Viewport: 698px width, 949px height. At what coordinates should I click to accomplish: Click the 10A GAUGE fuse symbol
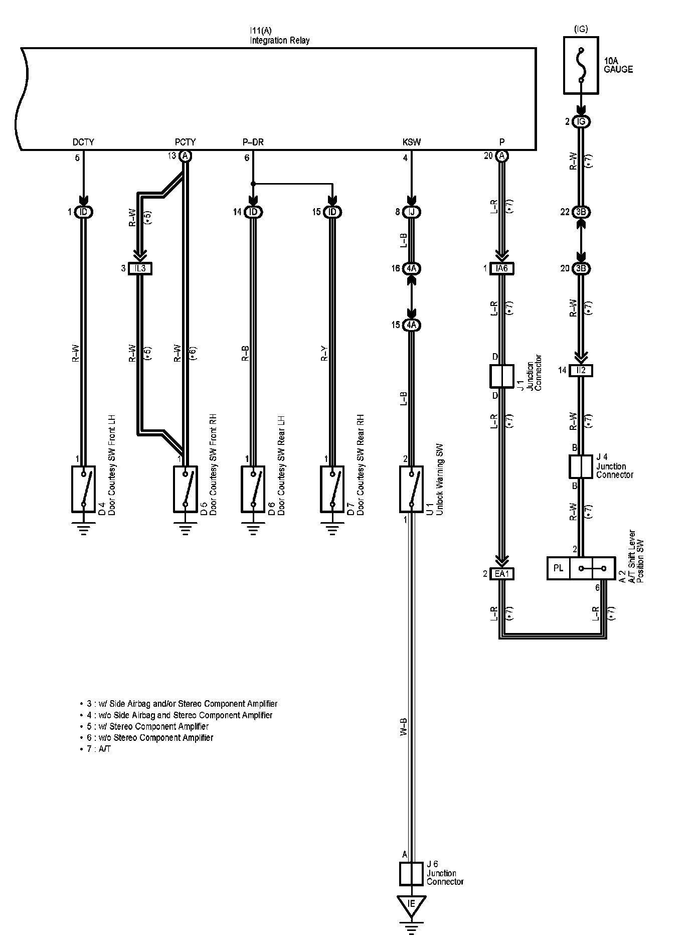point(581,65)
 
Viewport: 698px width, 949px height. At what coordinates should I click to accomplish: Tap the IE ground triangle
point(411,904)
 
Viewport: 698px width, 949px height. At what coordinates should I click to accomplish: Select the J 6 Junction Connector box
point(411,874)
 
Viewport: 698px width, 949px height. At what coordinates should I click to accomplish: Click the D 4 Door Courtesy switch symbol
point(84,489)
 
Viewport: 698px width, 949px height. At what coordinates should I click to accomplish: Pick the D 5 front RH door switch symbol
point(186,489)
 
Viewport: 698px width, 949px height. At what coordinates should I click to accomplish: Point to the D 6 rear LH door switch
point(253,489)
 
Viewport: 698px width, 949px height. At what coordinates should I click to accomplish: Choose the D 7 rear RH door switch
point(332,489)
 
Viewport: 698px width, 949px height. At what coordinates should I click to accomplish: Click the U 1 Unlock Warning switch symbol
point(411,489)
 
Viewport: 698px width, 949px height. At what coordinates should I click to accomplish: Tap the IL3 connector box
point(140,268)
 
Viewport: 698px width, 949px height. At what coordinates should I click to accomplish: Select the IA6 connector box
point(502,268)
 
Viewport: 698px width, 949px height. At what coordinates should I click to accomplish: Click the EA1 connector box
point(502,574)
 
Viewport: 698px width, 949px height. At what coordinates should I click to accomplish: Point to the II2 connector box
point(581,371)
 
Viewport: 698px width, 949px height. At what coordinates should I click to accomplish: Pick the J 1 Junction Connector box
point(502,376)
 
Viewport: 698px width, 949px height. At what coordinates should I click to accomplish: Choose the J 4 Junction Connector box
point(581,466)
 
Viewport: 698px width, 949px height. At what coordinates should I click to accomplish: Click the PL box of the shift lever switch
point(559,568)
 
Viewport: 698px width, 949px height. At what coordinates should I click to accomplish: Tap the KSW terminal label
point(411,142)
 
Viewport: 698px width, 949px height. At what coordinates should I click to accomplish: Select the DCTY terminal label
point(83,142)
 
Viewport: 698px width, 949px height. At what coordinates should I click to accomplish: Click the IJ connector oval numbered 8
point(411,212)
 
